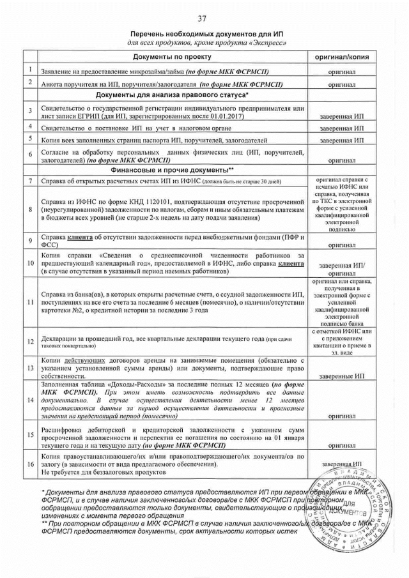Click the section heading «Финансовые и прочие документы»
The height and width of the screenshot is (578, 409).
[171, 171]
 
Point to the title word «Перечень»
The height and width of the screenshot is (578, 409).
[148, 32]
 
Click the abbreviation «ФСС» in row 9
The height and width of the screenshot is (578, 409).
[48, 245]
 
